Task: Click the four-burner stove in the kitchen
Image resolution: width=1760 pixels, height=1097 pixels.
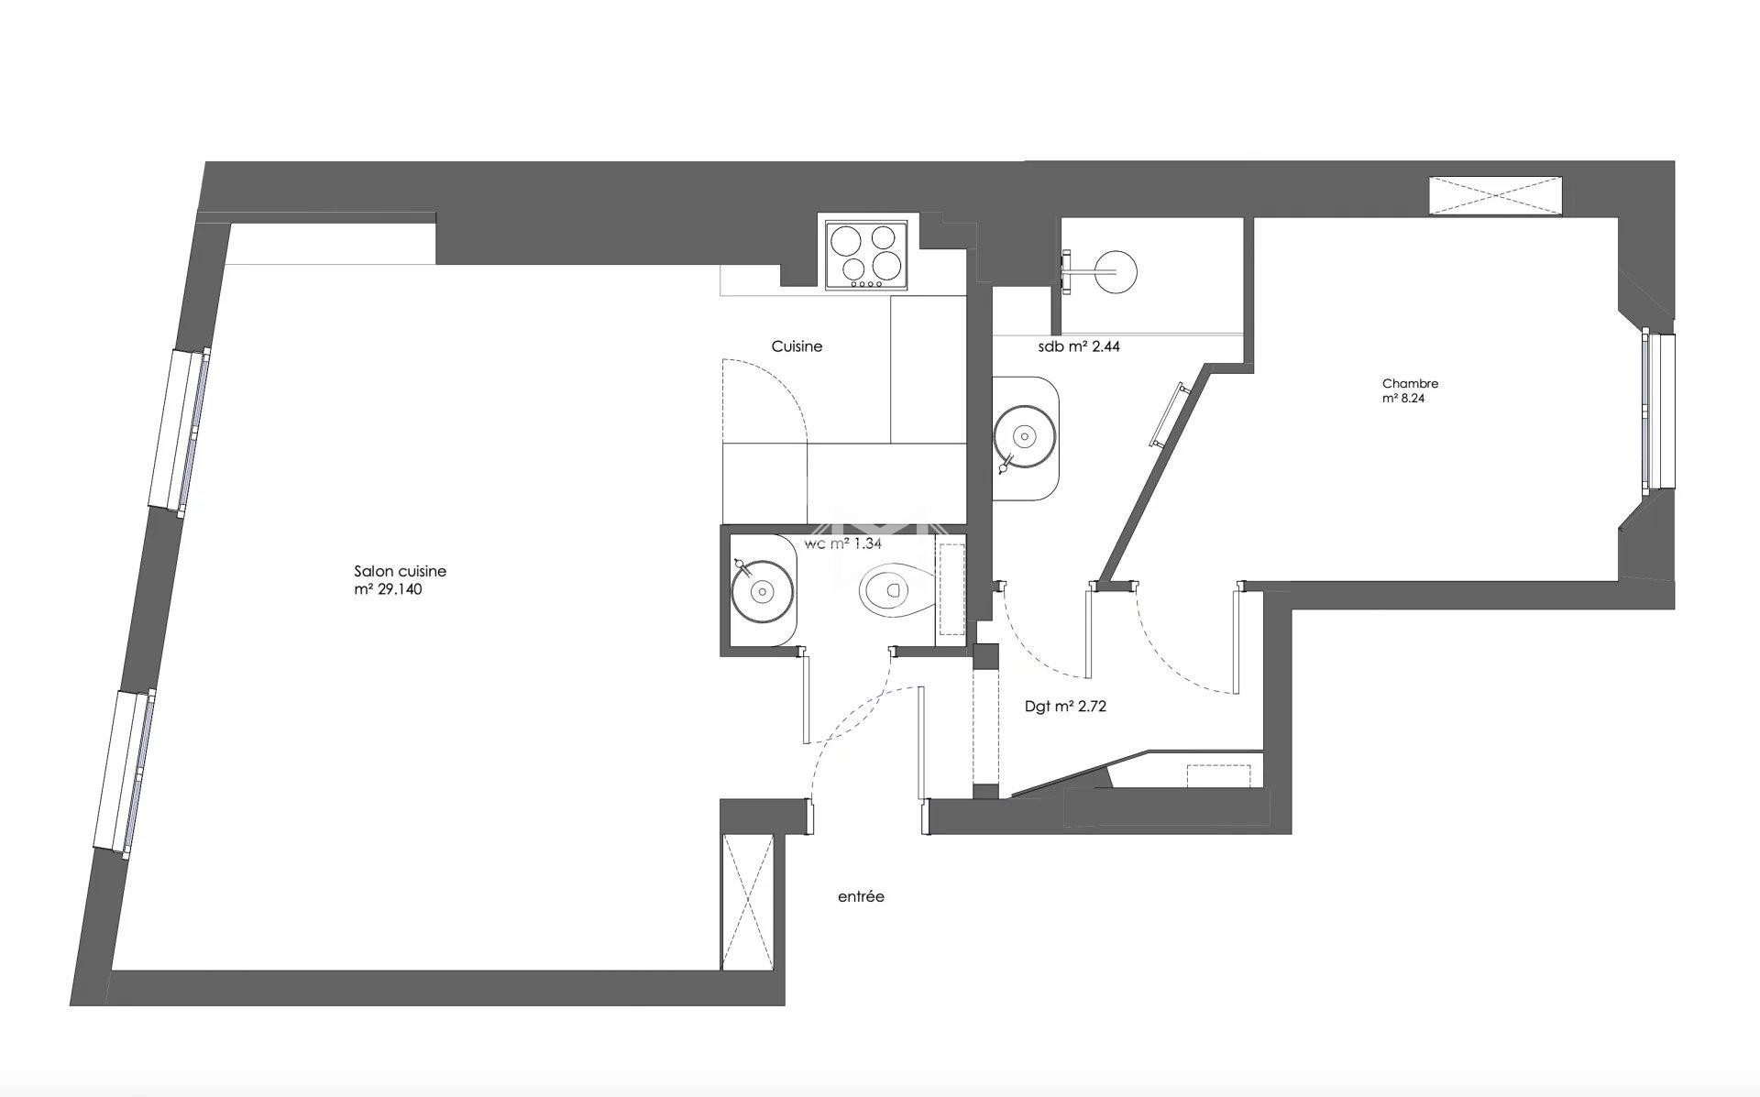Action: pos(866,256)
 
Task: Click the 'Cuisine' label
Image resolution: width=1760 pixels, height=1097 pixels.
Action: pos(797,346)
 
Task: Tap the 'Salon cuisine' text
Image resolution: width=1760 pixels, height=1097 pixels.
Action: pos(400,571)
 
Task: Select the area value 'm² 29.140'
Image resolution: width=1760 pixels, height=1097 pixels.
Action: pos(388,589)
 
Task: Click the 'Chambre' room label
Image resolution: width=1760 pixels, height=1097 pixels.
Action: pos(1410,384)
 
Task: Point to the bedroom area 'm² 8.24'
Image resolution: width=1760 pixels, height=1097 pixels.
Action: pos(1403,399)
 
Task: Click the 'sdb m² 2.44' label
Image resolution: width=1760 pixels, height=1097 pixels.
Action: pos(1079,346)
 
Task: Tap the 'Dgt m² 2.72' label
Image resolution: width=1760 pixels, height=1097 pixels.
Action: pos(1065,707)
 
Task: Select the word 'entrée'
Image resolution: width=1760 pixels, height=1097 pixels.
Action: pos(861,896)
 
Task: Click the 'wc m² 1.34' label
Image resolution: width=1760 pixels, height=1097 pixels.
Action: pos(842,543)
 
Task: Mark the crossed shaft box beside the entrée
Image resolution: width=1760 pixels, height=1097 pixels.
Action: pos(747,902)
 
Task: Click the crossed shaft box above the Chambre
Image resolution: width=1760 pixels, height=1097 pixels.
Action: pos(1495,194)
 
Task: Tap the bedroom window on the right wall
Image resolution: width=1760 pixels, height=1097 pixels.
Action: pos(1657,411)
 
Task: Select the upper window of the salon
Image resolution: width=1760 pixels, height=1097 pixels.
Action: pos(180,431)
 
